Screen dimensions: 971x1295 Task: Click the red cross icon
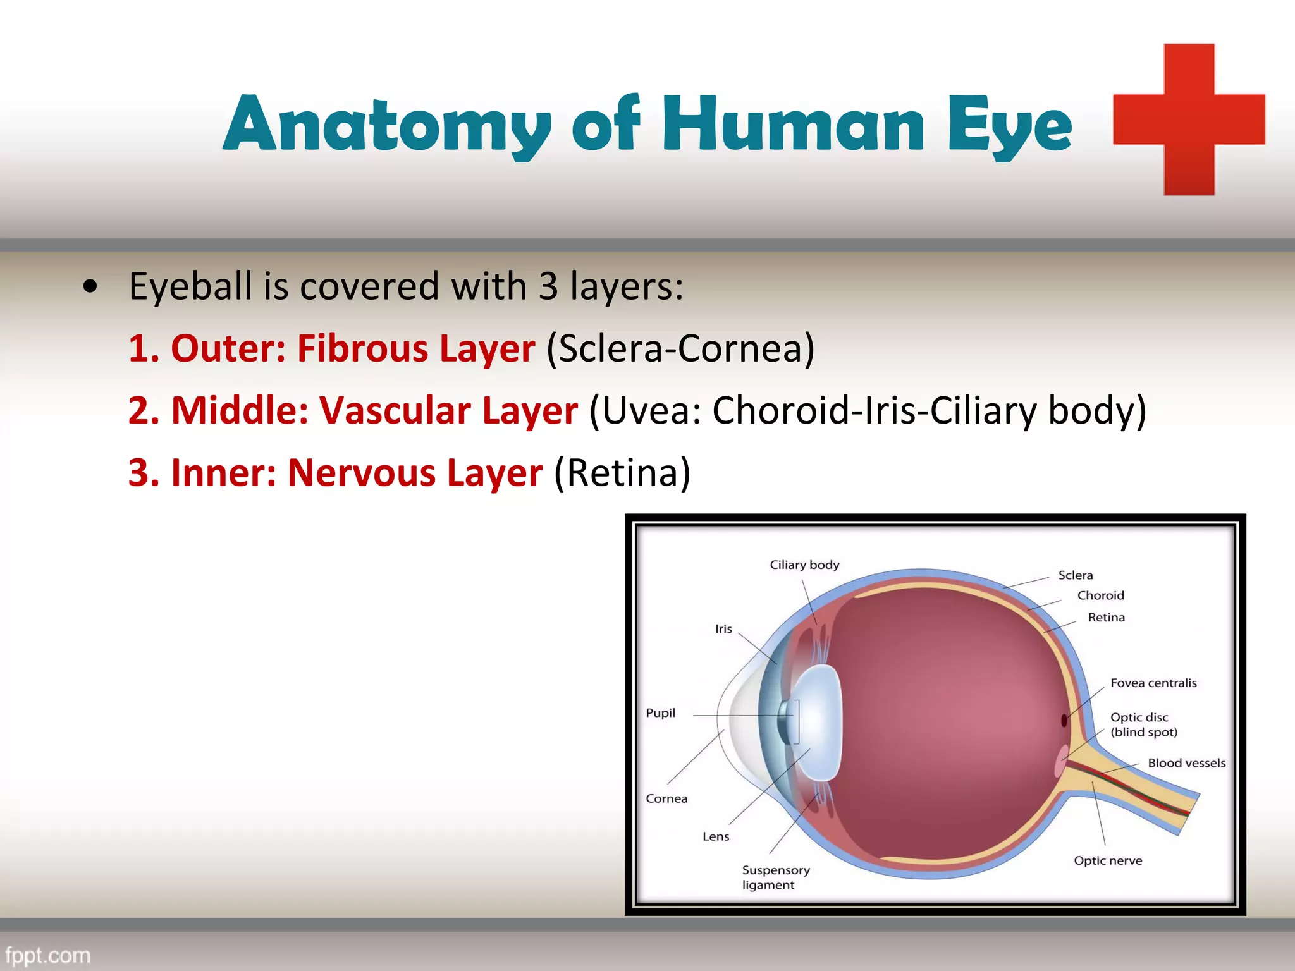(x=1189, y=119)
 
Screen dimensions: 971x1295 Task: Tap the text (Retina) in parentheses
(x=622, y=472)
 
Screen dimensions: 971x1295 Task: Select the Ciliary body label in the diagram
(x=804, y=565)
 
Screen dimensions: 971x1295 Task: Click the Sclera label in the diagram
(x=1075, y=575)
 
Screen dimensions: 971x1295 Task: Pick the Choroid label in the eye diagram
(x=1100, y=595)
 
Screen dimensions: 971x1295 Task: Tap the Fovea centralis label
(x=1153, y=683)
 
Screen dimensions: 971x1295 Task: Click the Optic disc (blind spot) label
(x=1143, y=724)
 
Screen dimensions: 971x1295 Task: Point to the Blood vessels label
(x=1186, y=763)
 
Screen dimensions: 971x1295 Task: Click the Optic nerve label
(x=1108, y=860)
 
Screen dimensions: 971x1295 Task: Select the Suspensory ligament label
(x=775, y=877)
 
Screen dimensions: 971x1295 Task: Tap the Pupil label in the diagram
(x=660, y=713)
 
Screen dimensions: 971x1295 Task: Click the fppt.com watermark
(x=48, y=955)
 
